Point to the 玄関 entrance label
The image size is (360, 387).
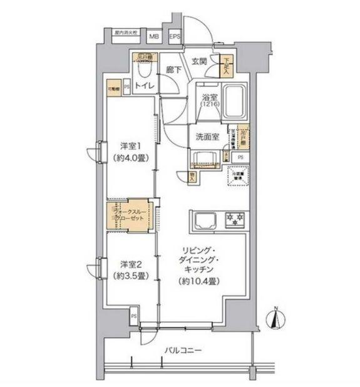tap(199, 61)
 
